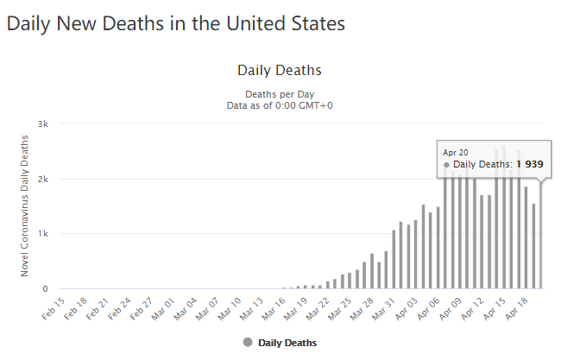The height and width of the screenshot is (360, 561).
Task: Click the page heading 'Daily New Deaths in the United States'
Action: [176, 23]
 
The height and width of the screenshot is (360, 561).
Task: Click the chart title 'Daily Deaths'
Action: [279, 69]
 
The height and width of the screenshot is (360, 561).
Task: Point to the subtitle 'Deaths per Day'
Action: [279, 94]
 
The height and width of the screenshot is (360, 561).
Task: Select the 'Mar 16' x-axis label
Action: [274, 306]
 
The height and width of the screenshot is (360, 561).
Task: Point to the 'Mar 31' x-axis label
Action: [383, 306]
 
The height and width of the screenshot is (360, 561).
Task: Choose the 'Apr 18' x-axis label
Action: [515, 306]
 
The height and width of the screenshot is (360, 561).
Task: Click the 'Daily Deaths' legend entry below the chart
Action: [280, 343]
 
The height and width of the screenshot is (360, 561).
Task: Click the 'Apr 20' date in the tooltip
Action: [454, 152]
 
